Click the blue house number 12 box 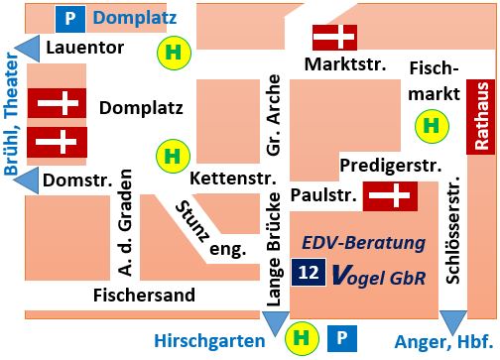click(308, 274)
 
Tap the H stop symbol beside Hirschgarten click(300, 339)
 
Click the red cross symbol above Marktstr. click(334, 37)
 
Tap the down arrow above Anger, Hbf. click(452, 322)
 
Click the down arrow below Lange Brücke click(274, 322)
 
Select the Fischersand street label click(143, 295)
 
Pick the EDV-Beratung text click(363, 243)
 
